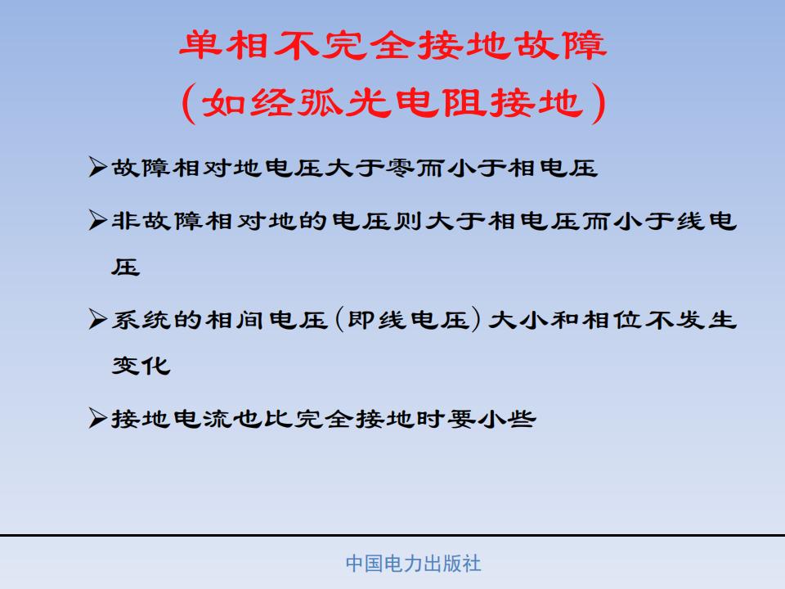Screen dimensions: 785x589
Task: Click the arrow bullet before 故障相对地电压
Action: pyautogui.click(x=97, y=167)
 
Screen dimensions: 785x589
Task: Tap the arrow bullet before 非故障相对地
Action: pyautogui.click(x=97, y=220)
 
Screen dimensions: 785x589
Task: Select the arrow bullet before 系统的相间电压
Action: pyautogui.click(x=97, y=319)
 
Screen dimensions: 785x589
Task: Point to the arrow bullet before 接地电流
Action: pyautogui.click(x=97, y=418)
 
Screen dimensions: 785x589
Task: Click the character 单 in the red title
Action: pyautogui.click(x=200, y=45)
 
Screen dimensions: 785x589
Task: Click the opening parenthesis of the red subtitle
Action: pyautogui.click(x=188, y=103)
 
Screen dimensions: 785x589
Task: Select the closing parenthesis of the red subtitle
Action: pyautogui.click(x=599, y=103)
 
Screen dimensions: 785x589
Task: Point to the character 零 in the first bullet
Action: pyautogui.click(x=401, y=167)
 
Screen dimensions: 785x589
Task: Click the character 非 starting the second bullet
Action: pyautogui.click(x=126, y=220)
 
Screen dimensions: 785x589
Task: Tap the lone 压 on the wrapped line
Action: pyautogui.click(x=126, y=268)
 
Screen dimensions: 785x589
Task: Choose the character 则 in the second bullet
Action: pyautogui.click(x=408, y=220)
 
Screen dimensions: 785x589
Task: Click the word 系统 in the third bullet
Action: pyautogui.click(x=141, y=320)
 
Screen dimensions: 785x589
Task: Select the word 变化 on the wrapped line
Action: pyautogui.click(x=141, y=366)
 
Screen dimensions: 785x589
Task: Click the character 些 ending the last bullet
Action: pyautogui.click(x=521, y=419)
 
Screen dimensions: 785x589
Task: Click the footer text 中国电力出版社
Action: pyautogui.click(x=413, y=564)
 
